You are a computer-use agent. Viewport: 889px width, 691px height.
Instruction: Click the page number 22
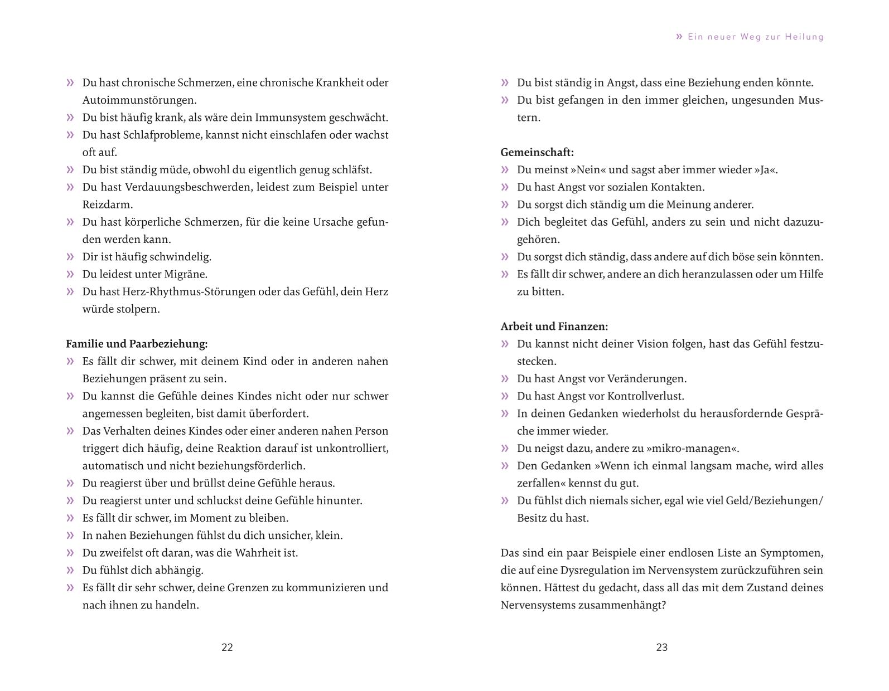tap(227, 647)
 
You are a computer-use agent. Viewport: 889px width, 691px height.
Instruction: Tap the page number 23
tap(661, 647)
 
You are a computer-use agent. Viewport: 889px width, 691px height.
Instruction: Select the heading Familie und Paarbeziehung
tap(137, 344)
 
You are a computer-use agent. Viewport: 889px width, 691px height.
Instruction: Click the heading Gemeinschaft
tap(537, 152)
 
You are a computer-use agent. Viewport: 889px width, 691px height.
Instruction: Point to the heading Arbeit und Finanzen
tap(554, 326)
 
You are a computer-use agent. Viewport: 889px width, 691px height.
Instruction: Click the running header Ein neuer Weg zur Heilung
tap(755, 37)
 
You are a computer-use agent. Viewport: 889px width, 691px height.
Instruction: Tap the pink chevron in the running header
tap(679, 37)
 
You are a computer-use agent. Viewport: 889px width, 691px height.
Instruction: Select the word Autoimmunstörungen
tap(139, 100)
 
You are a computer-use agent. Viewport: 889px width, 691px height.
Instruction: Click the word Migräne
tap(186, 274)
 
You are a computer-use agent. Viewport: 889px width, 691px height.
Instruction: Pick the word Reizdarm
tap(108, 205)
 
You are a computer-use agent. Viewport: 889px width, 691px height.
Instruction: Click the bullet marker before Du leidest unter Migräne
tap(70, 274)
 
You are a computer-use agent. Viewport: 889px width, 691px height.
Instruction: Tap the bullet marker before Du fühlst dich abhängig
tap(70, 570)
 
